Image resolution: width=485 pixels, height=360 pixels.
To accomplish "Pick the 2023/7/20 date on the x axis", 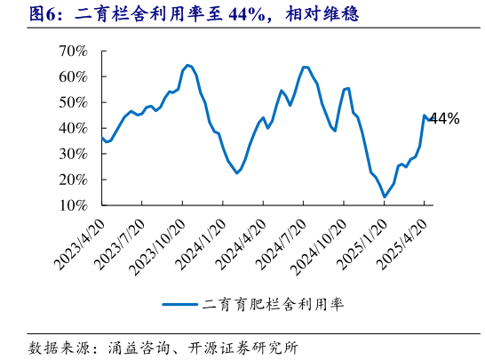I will pos(119,239).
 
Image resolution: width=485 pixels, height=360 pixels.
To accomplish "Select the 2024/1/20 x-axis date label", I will pos(199,239).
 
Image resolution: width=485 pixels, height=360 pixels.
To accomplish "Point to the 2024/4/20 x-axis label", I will pos(239,239).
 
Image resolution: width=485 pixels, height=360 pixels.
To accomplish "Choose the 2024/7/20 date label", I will pos(280,239).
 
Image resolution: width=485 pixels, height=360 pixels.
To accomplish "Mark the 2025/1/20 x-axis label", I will pos(360,239).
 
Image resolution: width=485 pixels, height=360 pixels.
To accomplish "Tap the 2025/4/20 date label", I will pos(400,239).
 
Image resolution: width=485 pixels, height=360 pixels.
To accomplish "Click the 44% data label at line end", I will pos(444,118).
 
